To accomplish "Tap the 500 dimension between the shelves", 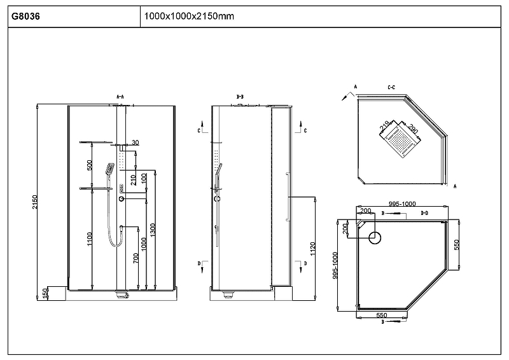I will tap(90, 165).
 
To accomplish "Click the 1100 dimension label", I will tap(90, 239).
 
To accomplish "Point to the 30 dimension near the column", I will tap(134, 142).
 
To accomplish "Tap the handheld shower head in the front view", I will tap(109, 169).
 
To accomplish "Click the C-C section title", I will tap(392, 86).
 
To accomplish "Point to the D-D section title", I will tap(424, 212).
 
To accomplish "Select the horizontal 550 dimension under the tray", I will tap(382, 315).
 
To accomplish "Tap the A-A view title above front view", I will tap(120, 96).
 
